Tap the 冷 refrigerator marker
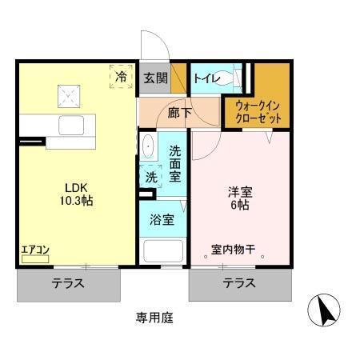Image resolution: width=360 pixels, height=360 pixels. pos(122,77)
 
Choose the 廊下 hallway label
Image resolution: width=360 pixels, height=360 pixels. pos(179,113)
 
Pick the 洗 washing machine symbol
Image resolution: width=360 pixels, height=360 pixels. pos(151,177)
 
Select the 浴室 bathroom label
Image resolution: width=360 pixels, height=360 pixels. pos(163,219)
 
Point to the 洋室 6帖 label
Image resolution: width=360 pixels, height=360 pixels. pos(240,198)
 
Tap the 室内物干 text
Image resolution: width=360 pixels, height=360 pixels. pos(234,250)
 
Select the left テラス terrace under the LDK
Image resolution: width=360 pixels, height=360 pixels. pos(69,283)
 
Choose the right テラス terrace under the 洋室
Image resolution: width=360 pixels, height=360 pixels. pos(239,283)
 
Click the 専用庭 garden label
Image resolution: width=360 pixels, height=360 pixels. pos(154,317)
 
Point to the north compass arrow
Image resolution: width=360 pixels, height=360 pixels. pos(328,310)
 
